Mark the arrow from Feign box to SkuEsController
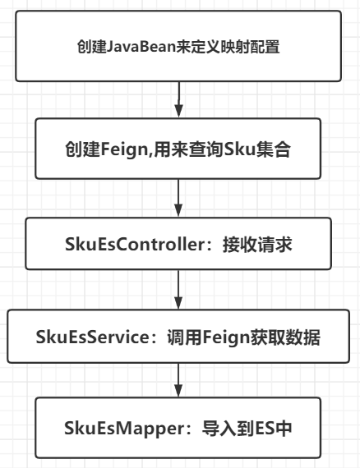(x=178, y=195)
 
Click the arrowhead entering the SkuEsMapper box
(x=178, y=395)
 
